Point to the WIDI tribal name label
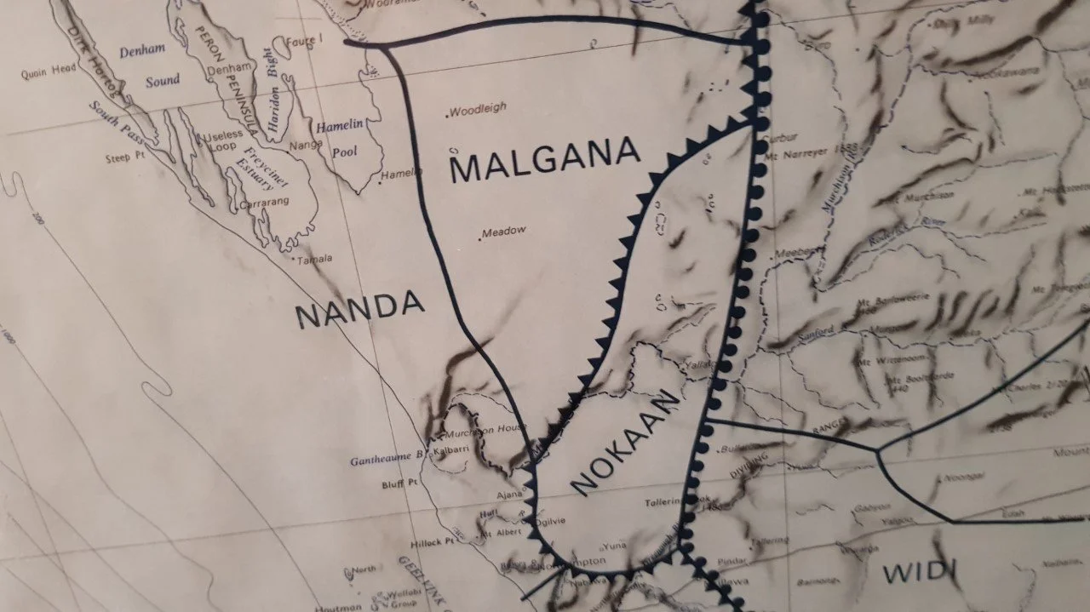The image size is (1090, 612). click(915, 570)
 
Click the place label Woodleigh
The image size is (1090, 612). click(478, 109)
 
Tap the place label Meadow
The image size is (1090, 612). click(504, 232)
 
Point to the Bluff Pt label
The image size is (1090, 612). click(399, 484)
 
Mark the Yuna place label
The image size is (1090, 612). click(615, 546)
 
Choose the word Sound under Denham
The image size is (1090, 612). click(162, 80)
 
